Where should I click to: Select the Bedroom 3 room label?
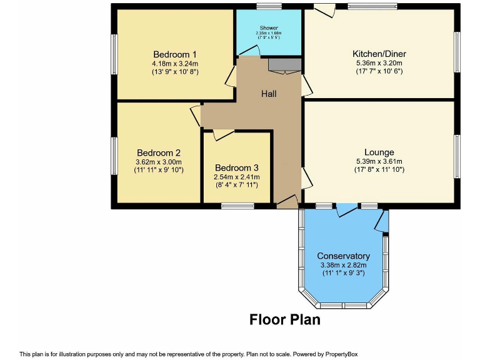(236, 168)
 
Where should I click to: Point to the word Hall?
(269, 94)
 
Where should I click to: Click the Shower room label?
(269, 29)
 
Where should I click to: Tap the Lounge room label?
(379, 152)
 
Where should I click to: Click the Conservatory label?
(343, 256)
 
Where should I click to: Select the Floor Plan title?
(285, 319)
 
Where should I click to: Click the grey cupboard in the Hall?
(285, 64)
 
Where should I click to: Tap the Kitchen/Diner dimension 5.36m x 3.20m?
(379, 63)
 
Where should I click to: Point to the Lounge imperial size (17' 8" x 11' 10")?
(379, 169)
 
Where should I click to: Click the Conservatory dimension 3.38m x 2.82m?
(343, 265)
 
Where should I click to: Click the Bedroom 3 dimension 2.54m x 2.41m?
(236, 177)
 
